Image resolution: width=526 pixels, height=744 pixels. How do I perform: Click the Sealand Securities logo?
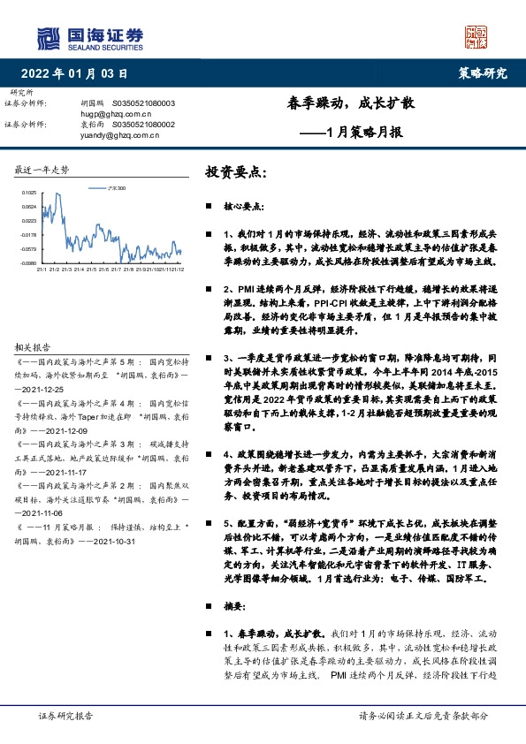pyautogui.click(x=89, y=38)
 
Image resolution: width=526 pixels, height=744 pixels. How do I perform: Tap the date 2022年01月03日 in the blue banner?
pyautogui.click(x=80, y=73)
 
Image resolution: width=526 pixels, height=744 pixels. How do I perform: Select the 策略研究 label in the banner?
pyautogui.click(x=484, y=73)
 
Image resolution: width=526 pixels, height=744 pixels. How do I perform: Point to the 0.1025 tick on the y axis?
pyautogui.click(x=29, y=193)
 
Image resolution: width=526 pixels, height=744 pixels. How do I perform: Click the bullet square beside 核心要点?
pyautogui.click(x=209, y=207)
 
